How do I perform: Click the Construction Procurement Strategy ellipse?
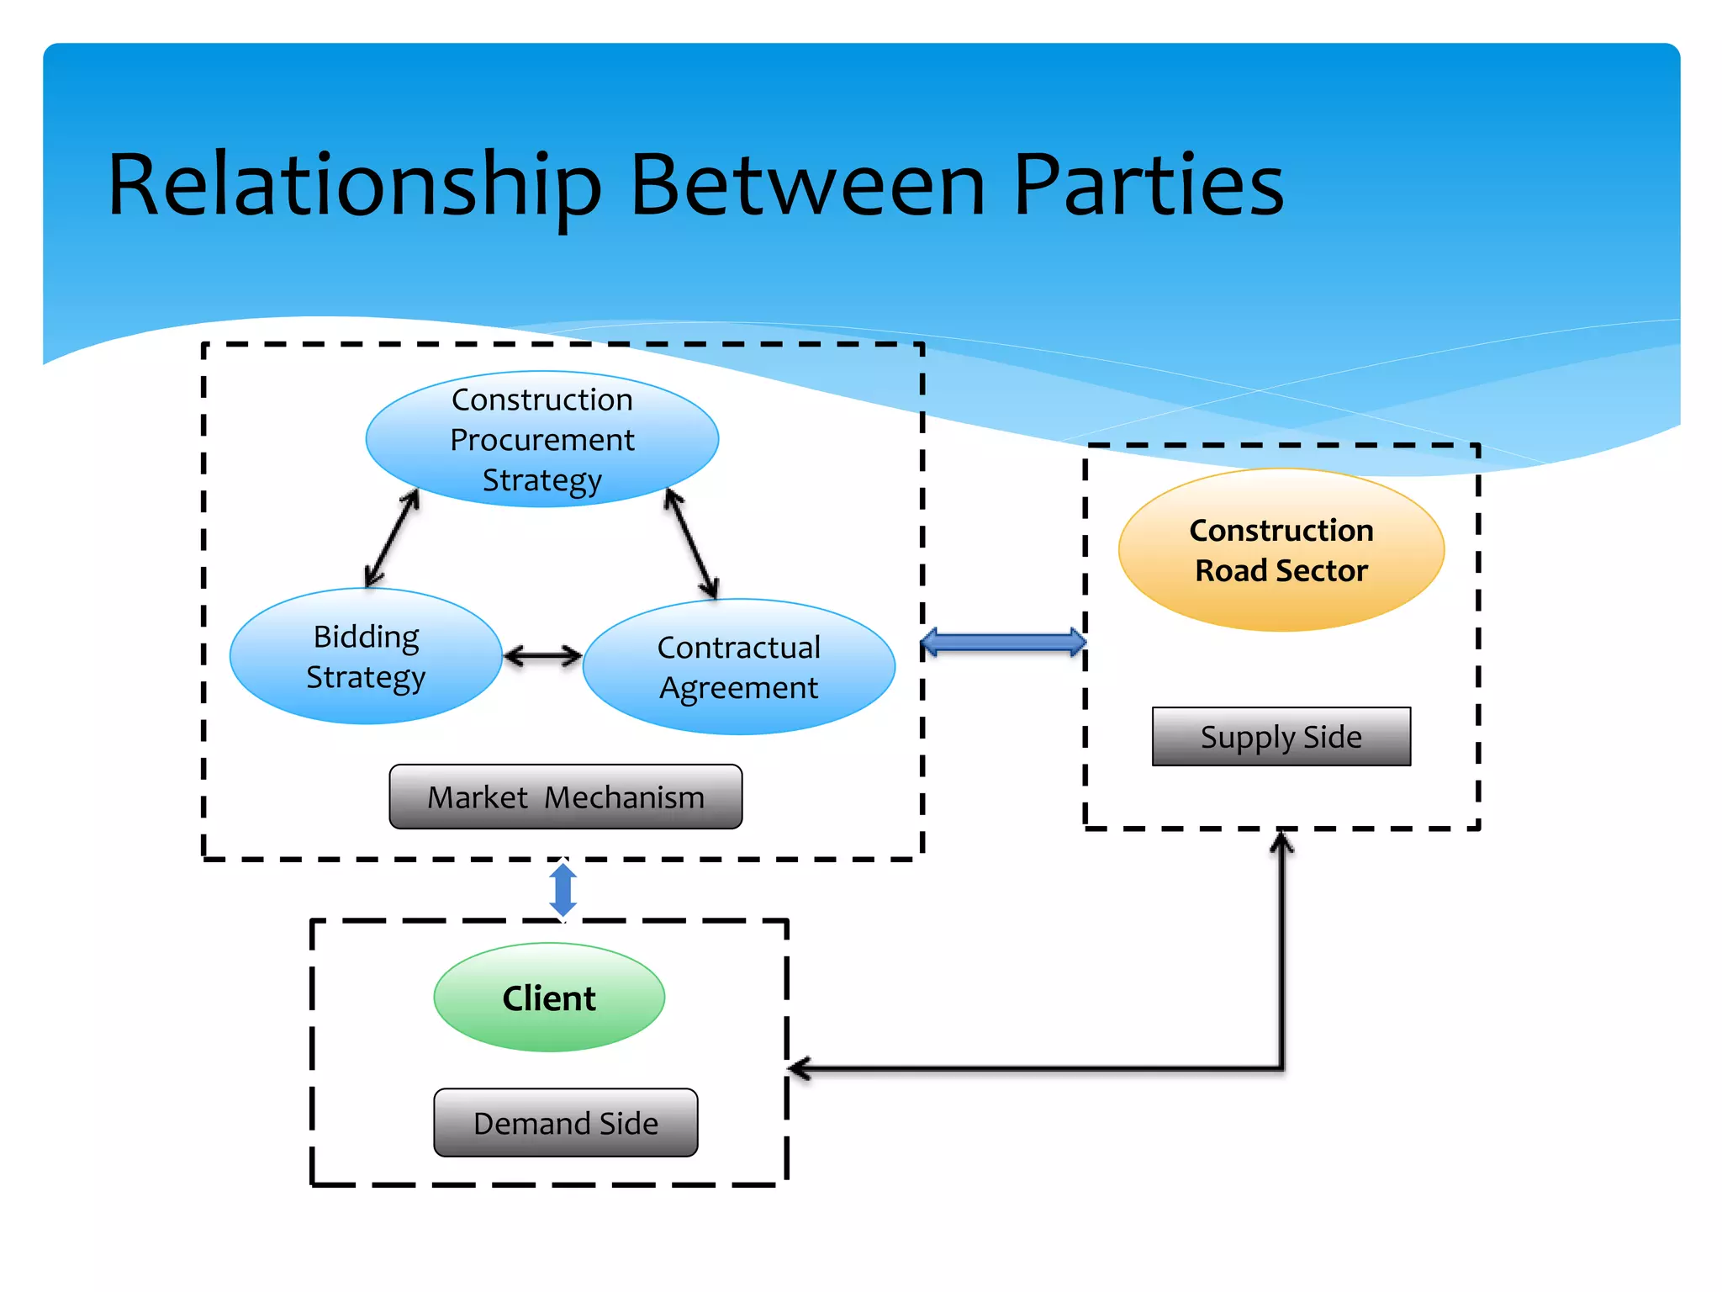point(542,439)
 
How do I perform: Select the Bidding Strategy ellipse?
point(366,656)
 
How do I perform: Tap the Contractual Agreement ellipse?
point(739,667)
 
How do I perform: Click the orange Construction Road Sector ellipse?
point(1281,550)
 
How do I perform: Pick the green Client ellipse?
point(549,998)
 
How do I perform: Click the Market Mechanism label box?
point(566,797)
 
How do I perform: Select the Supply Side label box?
point(1281,737)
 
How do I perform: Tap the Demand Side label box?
point(566,1123)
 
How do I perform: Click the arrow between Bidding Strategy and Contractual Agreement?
point(542,656)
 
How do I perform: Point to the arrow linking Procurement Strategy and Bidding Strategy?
point(392,538)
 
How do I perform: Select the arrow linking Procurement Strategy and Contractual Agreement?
point(691,543)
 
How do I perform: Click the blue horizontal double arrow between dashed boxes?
point(1004,643)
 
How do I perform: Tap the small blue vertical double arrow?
point(563,891)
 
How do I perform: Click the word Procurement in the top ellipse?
point(542,440)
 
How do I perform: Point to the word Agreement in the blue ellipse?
point(738,689)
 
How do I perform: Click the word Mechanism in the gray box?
point(625,797)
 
